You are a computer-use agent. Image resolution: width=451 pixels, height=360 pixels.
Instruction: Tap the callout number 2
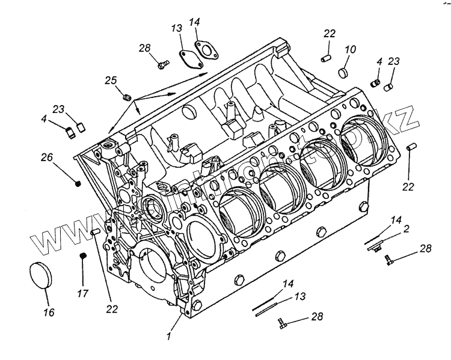point(407,228)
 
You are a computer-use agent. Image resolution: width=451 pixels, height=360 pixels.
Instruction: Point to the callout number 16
point(49,312)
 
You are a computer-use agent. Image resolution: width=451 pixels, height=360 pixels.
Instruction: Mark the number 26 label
point(48,158)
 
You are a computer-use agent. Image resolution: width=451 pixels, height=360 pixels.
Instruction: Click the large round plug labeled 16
point(41,276)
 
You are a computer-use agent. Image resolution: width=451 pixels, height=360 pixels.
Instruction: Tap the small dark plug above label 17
point(84,257)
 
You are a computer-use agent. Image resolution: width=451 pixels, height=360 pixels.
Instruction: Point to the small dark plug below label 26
point(78,183)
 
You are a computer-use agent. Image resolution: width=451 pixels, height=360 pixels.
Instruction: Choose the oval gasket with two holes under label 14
point(206,50)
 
